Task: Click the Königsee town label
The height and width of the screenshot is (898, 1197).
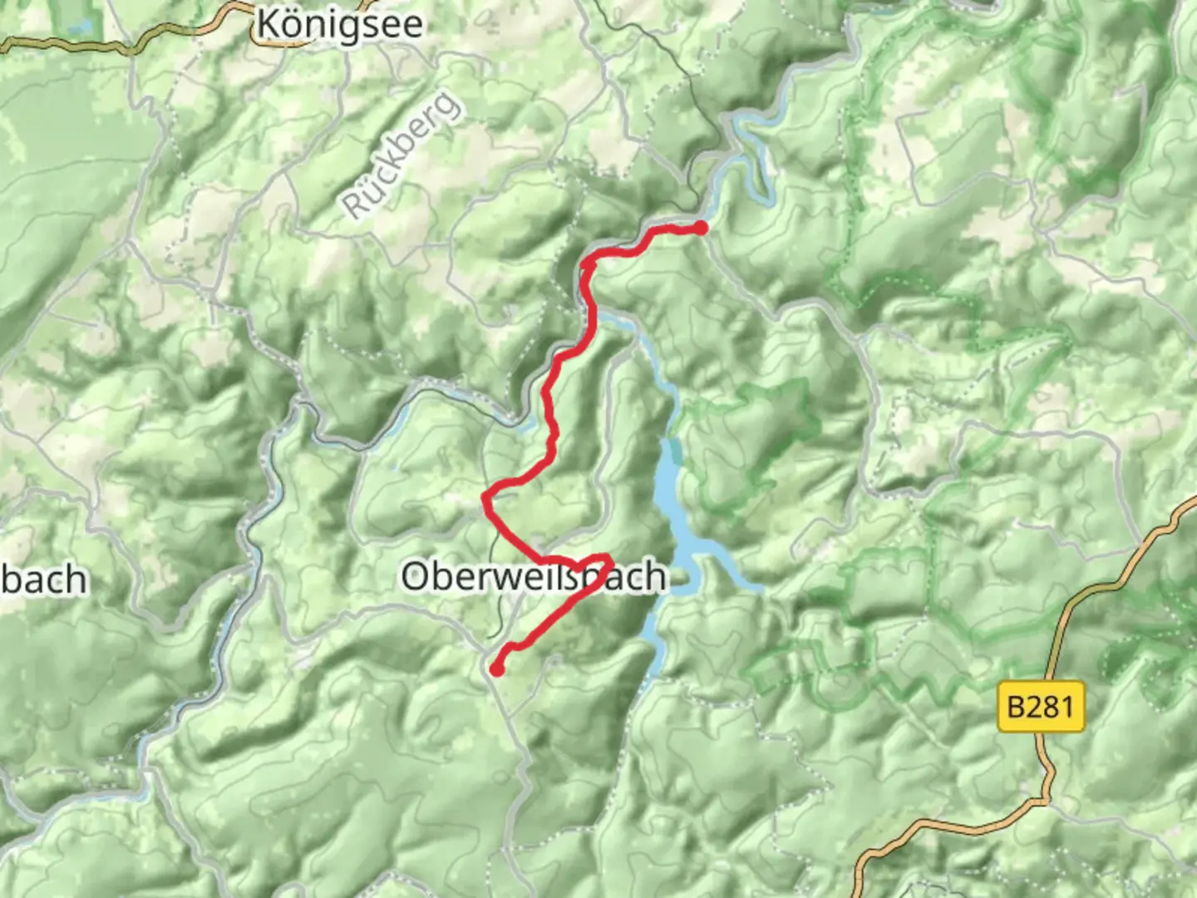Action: click(x=340, y=25)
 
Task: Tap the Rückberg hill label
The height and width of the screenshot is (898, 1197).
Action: click(x=401, y=156)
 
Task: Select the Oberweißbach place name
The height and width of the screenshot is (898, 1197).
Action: click(x=534, y=576)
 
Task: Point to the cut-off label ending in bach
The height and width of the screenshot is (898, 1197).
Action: click(x=43, y=580)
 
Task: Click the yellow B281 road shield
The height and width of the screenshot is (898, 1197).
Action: click(x=1041, y=707)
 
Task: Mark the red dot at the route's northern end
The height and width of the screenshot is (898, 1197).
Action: click(x=701, y=228)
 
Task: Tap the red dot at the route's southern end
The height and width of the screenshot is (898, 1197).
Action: click(x=496, y=669)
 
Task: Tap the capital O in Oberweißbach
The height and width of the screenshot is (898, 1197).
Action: click(x=415, y=576)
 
